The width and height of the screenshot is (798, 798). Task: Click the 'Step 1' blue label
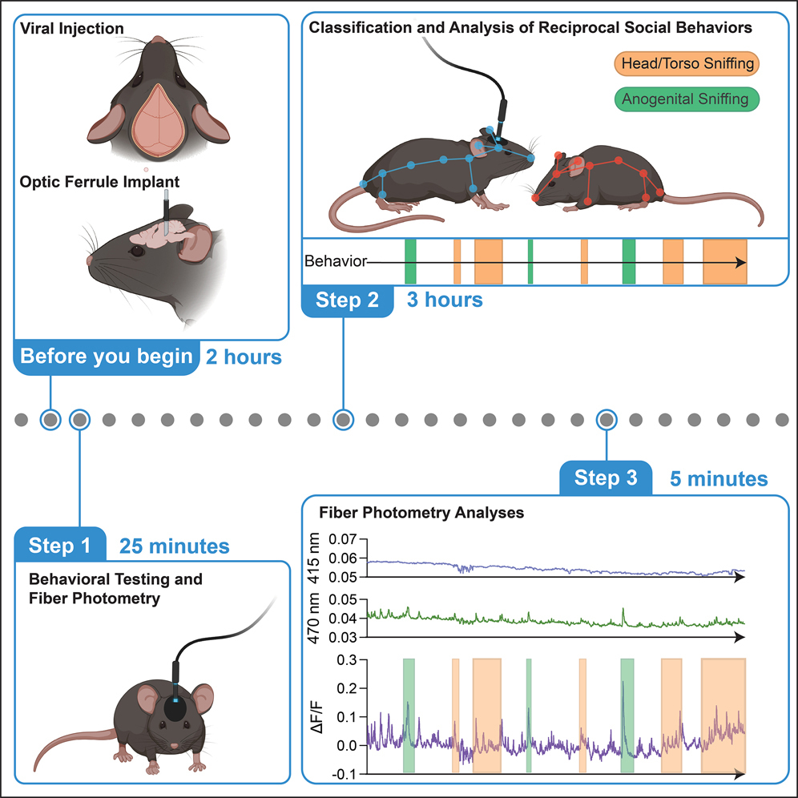tap(59, 546)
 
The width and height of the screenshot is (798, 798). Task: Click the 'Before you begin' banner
tap(107, 357)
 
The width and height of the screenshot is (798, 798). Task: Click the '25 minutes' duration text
tap(174, 546)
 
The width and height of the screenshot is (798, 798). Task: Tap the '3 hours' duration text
tap(445, 300)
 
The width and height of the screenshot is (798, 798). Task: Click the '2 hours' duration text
tap(244, 357)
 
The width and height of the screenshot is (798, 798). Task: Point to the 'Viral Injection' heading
tap(72, 29)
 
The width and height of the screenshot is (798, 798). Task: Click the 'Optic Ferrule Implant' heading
tap(100, 182)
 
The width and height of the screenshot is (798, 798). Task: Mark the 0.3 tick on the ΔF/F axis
tap(346, 660)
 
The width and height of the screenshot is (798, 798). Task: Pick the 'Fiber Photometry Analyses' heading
tap(421, 512)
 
